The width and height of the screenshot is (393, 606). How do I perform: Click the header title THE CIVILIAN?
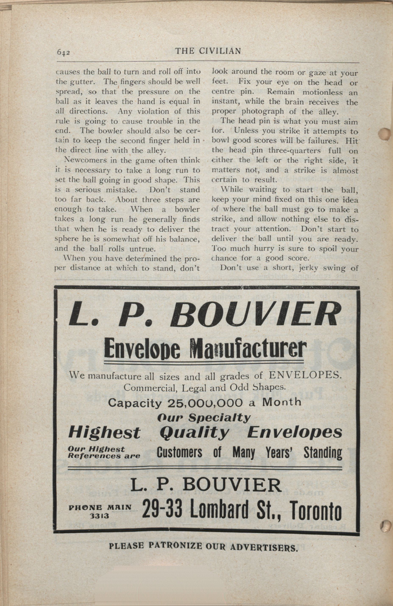point(208,51)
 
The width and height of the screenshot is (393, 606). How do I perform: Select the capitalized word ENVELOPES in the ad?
point(304,375)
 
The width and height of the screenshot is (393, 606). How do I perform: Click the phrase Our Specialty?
point(204,418)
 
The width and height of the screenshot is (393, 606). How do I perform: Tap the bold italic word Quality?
point(194,432)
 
